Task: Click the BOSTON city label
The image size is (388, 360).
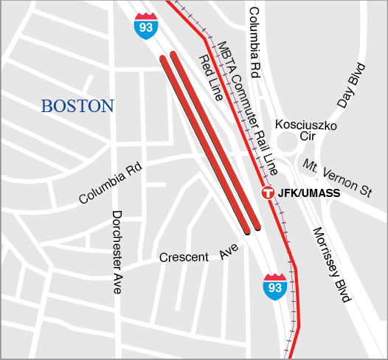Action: point(77,106)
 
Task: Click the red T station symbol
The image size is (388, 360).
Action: point(269,193)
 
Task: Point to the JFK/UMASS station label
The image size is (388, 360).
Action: point(311,193)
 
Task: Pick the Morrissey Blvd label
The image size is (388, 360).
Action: point(329,262)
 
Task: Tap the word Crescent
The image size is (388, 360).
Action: point(184,257)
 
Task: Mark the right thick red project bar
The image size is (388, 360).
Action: point(215,139)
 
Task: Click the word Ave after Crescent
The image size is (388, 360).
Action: point(230,252)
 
